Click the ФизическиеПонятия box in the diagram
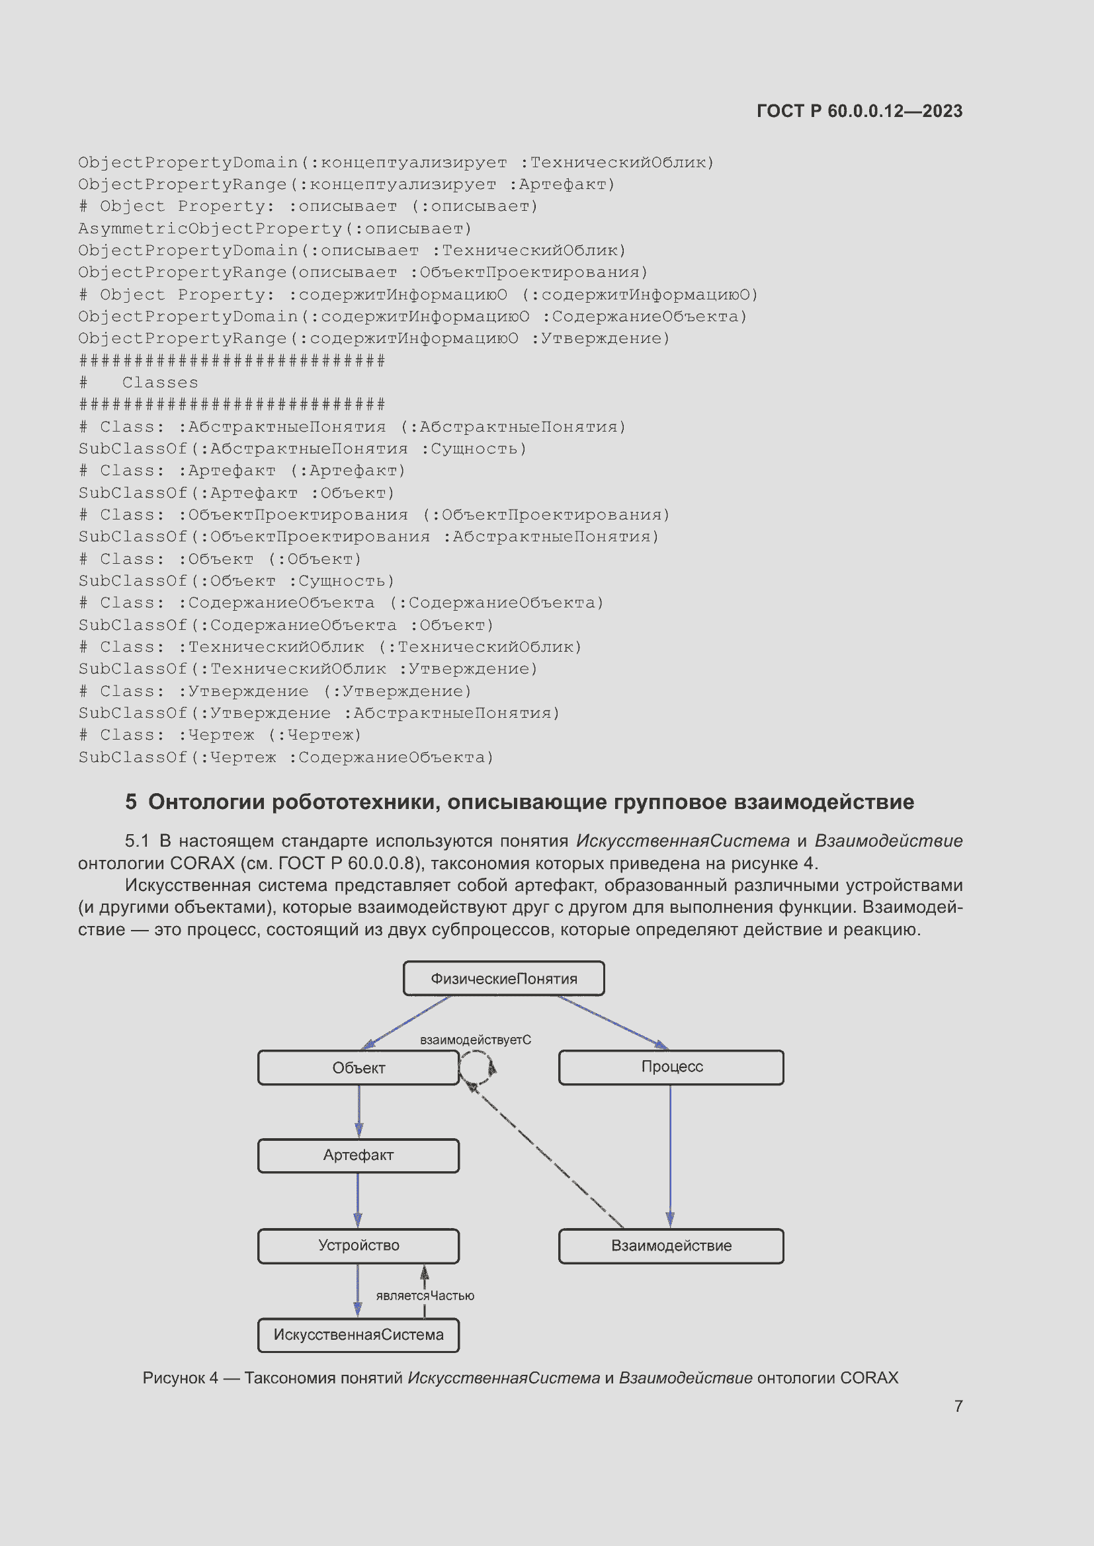click(503, 978)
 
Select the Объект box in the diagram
click(358, 1068)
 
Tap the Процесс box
click(671, 1067)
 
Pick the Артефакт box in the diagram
click(358, 1155)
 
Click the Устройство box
click(358, 1246)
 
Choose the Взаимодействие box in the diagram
click(671, 1246)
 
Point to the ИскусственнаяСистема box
click(358, 1334)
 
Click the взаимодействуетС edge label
click(476, 1040)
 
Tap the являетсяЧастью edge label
click(425, 1295)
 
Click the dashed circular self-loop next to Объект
click(478, 1067)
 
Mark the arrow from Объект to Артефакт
click(359, 1111)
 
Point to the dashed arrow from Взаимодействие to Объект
click(546, 1155)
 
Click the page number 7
click(958, 1406)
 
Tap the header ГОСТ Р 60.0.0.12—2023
click(859, 111)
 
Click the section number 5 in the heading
click(131, 802)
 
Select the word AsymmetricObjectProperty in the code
click(210, 229)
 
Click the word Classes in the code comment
click(160, 383)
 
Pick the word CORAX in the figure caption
click(869, 1377)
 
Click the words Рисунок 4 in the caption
click(180, 1377)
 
